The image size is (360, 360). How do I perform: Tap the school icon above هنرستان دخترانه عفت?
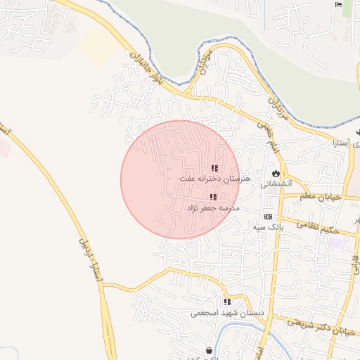point(214,168)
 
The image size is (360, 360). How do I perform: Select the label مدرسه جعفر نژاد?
point(213,209)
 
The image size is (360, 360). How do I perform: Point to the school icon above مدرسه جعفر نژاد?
point(212,198)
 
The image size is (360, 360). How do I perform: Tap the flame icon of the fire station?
point(276,173)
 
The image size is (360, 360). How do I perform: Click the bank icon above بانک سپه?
point(268,217)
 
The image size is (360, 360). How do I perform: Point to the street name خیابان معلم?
point(321,197)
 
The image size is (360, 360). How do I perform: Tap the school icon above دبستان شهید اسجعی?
point(227,302)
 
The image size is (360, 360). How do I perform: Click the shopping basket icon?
point(210,350)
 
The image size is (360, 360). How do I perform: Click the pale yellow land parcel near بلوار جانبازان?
point(98,46)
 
